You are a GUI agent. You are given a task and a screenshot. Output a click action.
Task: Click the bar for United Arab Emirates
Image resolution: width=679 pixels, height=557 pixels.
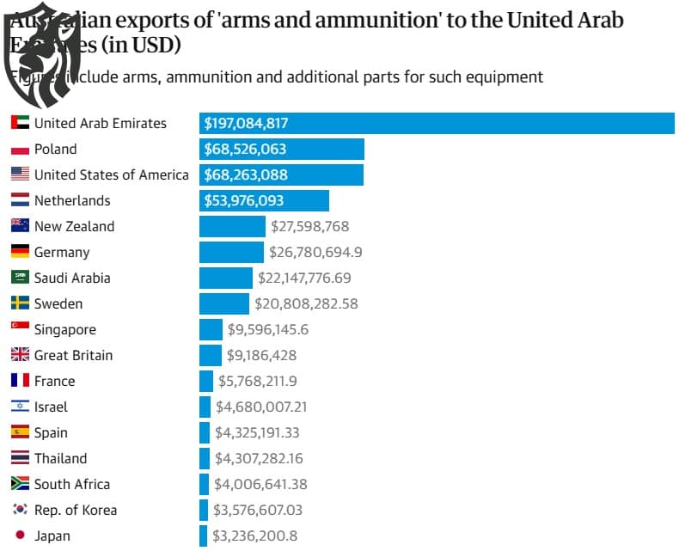click(x=437, y=123)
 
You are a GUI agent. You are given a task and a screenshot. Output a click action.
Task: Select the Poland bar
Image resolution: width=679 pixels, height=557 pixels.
click(x=282, y=149)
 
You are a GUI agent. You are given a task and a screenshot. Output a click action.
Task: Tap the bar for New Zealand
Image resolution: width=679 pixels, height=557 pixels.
click(x=232, y=226)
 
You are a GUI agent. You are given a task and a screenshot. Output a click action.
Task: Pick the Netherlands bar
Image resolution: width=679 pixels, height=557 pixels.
click(x=264, y=200)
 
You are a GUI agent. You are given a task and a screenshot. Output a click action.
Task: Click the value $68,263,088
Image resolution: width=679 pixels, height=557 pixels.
click(x=246, y=174)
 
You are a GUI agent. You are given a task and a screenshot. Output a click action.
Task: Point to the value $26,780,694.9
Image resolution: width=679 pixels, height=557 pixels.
click(x=315, y=252)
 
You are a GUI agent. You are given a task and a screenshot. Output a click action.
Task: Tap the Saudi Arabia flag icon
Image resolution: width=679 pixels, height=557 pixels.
click(x=20, y=278)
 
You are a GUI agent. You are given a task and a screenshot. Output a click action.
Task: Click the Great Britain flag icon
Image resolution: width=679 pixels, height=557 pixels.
click(x=20, y=355)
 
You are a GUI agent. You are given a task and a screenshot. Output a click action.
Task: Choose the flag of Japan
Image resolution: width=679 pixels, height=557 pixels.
click(x=20, y=536)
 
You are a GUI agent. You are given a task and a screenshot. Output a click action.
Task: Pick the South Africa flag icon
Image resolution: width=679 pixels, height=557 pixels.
click(x=20, y=484)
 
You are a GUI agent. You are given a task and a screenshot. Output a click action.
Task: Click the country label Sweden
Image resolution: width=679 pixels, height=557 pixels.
click(x=58, y=303)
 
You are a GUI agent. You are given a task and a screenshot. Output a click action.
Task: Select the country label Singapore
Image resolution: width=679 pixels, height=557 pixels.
click(x=65, y=329)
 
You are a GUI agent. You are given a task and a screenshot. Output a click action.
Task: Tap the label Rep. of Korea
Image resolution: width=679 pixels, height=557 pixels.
click(x=76, y=510)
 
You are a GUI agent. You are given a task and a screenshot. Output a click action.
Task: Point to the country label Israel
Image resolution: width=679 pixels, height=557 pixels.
click(x=51, y=407)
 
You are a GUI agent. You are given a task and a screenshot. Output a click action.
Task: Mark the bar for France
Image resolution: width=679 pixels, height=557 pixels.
click(x=206, y=381)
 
